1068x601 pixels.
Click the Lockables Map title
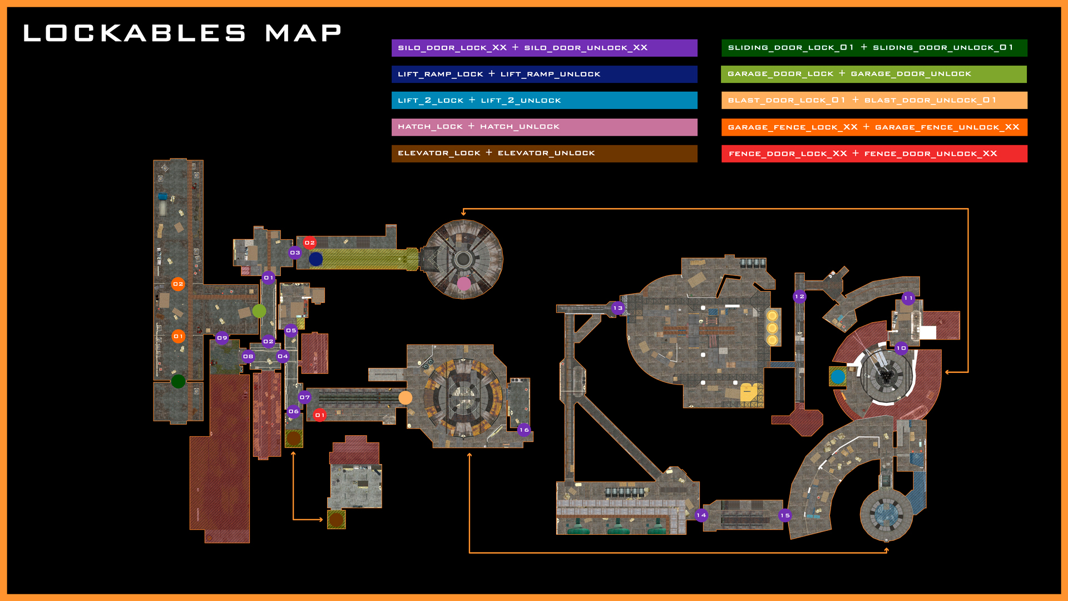tap(182, 33)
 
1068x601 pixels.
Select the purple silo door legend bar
tap(544, 48)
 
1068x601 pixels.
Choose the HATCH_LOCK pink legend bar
tap(544, 127)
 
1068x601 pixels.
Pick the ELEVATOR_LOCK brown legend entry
tap(544, 153)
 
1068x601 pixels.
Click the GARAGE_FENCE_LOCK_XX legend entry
tap(874, 127)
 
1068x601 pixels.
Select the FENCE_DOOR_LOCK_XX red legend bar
tap(874, 154)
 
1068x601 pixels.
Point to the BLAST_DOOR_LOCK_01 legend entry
tap(874, 100)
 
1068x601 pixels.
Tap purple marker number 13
tap(617, 308)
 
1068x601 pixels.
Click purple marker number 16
tap(524, 430)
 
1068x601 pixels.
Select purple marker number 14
tap(701, 515)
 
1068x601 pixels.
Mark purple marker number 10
tap(901, 348)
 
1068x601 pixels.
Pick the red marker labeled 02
tap(310, 243)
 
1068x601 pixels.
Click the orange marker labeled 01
tap(178, 336)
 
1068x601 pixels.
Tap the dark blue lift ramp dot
tap(316, 259)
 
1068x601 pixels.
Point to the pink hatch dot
tap(464, 284)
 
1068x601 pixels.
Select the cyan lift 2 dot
tap(838, 377)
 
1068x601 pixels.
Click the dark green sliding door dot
tap(178, 381)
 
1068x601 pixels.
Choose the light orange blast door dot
tap(406, 397)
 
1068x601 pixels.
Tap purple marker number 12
tap(799, 297)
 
